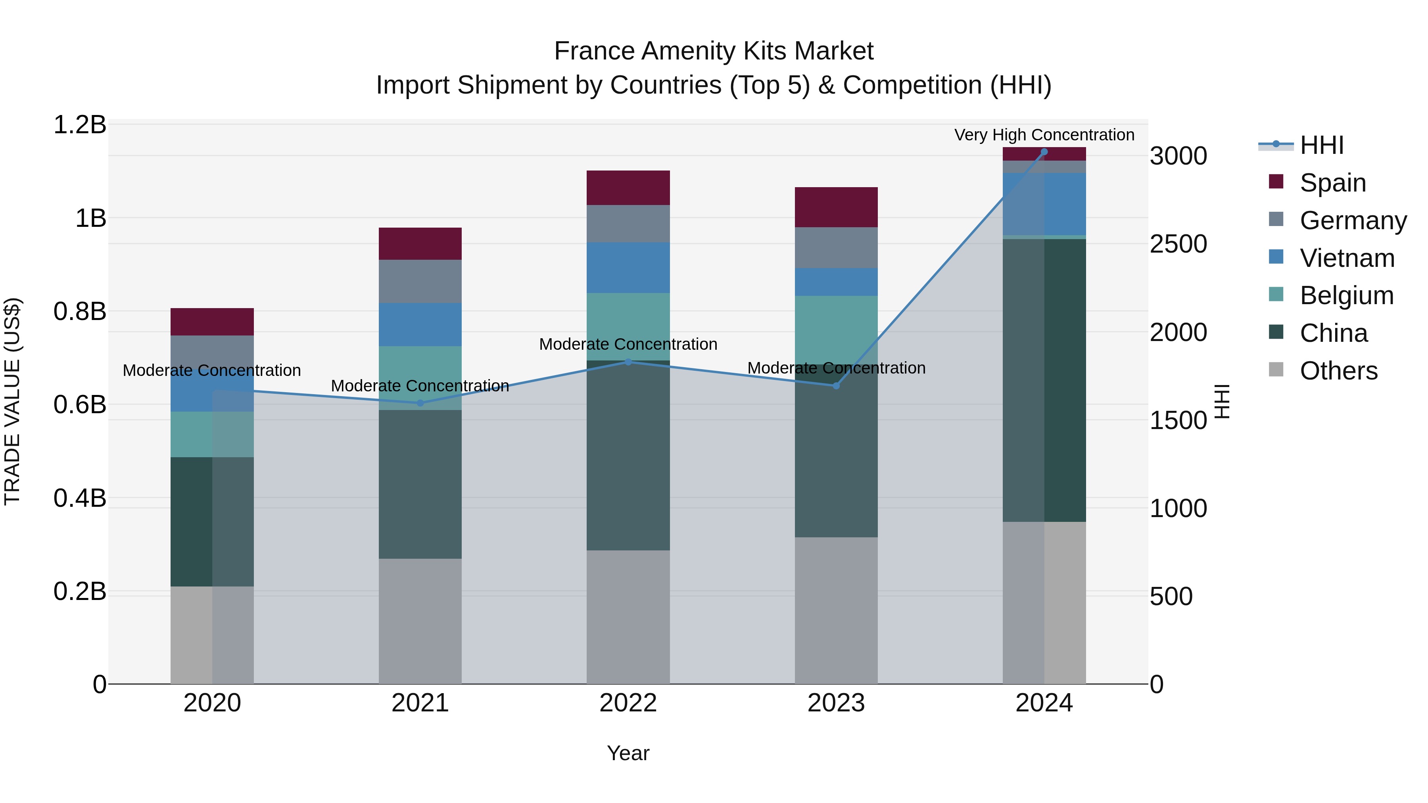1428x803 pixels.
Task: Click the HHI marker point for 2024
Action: [1044, 152]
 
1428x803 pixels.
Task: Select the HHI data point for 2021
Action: [420, 403]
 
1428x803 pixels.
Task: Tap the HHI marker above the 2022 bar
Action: [628, 362]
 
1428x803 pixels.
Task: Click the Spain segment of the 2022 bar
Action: [628, 188]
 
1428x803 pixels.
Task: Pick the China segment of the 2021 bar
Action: [420, 484]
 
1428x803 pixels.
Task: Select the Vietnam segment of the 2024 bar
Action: [1044, 204]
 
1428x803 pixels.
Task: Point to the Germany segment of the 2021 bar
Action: [420, 282]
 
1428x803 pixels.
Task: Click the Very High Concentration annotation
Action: [1044, 135]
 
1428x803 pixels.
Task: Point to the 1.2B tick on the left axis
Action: [79, 125]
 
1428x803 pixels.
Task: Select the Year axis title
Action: [628, 753]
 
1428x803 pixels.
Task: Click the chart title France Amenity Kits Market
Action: [714, 51]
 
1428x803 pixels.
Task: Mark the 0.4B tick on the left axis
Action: [79, 498]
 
